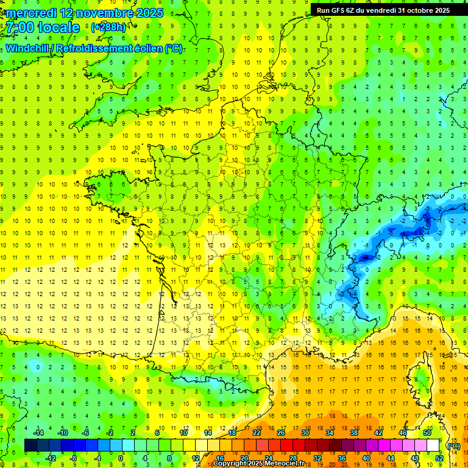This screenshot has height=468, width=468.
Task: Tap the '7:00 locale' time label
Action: point(43,27)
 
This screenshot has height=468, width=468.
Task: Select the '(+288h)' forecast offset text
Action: point(108,27)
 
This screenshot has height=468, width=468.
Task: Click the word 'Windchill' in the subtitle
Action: point(30,48)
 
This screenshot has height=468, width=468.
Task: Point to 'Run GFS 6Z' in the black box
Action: point(338,10)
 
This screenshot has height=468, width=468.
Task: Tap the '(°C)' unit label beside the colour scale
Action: point(453,446)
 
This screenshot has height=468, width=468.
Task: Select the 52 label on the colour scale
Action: point(439,458)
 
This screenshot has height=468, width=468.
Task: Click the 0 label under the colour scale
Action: point(120,458)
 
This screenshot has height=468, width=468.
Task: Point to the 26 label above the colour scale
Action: point(281,433)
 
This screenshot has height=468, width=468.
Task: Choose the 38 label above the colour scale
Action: point(354,433)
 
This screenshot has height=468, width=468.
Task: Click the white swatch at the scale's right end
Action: point(433,445)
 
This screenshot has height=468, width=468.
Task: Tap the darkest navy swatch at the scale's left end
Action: point(30,445)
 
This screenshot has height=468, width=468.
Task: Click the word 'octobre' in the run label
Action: point(415,10)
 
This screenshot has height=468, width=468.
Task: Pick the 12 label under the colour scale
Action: point(195,458)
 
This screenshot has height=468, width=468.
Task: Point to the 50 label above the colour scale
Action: point(427,433)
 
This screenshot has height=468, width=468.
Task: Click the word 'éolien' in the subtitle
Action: point(147,48)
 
